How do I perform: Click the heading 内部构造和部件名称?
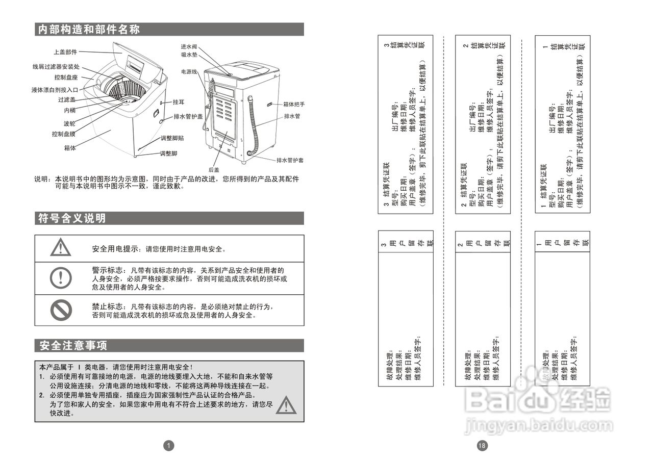point(89,30)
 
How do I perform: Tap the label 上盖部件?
point(65,52)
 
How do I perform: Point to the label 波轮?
point(69,123)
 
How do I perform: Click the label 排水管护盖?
point(188,116)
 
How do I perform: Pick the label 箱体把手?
point(294,105)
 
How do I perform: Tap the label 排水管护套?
point(290,160)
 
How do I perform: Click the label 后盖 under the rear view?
point(214,170)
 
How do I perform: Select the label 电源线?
point(189,72)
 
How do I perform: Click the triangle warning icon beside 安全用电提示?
point(61,247)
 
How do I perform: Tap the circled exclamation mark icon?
point(61,277)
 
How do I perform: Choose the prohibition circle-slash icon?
point(61,310)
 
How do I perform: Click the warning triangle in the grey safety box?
point(287,405)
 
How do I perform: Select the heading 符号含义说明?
point(72,219)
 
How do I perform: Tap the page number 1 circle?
point(169,446)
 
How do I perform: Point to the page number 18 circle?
point(482,446)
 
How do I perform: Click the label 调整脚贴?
point(172,138)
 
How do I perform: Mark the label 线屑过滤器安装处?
point(56,67)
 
